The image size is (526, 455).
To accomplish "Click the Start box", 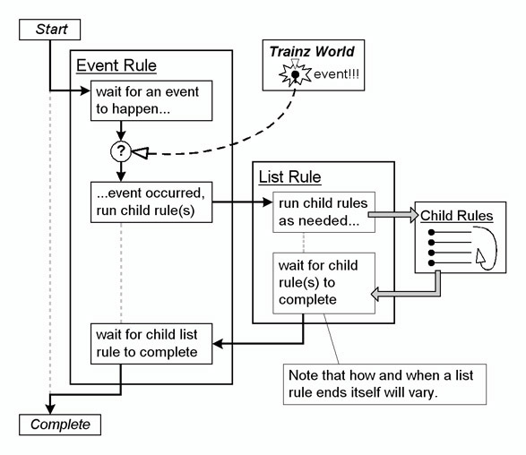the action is (49, 30).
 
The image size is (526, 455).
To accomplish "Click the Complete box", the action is (60, 425).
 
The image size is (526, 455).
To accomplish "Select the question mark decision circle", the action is (121, 151).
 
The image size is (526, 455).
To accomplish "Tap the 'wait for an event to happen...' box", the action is (151, 100).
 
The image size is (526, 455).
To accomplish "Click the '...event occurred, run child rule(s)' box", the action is (151, 202).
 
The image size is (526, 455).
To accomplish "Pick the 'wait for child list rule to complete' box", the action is (151, 344).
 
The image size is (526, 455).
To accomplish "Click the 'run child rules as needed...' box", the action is (323, 212).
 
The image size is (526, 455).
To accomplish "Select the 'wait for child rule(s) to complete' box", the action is (323, 283).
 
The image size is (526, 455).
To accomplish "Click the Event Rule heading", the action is (116, 65).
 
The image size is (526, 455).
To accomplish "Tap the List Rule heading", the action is (289, 176).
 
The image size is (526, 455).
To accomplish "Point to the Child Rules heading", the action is (457, 216).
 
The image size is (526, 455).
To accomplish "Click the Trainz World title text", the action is (312, 52).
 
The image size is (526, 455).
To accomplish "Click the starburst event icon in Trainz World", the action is (295, 74).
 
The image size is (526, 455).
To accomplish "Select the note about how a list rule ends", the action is (384, 384).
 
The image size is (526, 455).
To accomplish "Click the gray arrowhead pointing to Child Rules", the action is (414, 215).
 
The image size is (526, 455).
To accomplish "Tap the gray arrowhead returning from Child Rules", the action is (375, 294).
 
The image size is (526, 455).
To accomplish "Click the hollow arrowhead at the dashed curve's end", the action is (140, 153).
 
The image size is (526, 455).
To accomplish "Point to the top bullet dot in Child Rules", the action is (431, 232).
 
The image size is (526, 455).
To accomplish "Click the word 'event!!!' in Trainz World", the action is (336, 74).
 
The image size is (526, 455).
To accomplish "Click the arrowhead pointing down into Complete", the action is (50, 409).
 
